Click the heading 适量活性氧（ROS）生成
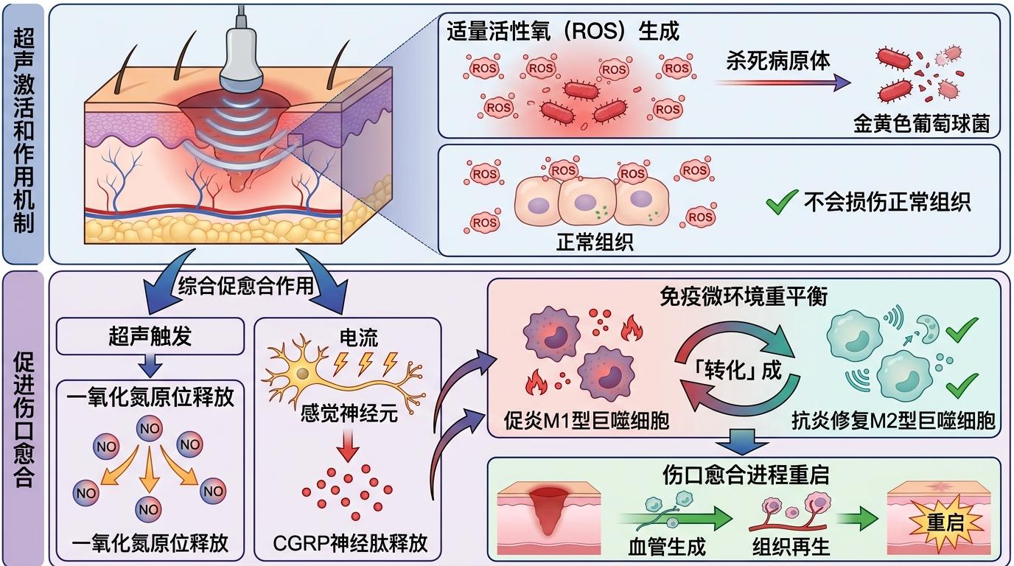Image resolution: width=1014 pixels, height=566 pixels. [563, 31]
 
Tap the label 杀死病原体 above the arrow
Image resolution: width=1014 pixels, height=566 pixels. [778, 60]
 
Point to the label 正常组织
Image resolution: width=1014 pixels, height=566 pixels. [595, 242]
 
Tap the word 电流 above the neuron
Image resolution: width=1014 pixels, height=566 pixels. [360, 338]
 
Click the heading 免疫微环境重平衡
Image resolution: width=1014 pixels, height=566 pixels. [744, 297]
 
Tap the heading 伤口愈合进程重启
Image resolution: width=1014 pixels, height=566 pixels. [744, 475]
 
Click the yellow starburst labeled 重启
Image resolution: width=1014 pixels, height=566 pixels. [945, 524]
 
